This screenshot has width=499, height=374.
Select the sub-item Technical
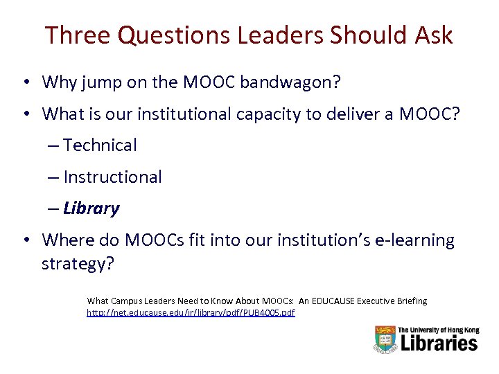[x=100, y=145]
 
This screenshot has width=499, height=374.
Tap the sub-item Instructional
[x=112, y=177]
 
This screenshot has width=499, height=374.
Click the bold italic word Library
[x=91, y=208]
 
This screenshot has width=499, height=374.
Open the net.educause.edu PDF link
[x=191, y=313]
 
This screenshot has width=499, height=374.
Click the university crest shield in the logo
[x=385, y=339]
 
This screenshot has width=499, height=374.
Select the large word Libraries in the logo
[x=438, y=344]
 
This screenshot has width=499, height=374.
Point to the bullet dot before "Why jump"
[x=24, y=82]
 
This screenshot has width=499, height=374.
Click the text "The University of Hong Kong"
[x=438, y=329]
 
